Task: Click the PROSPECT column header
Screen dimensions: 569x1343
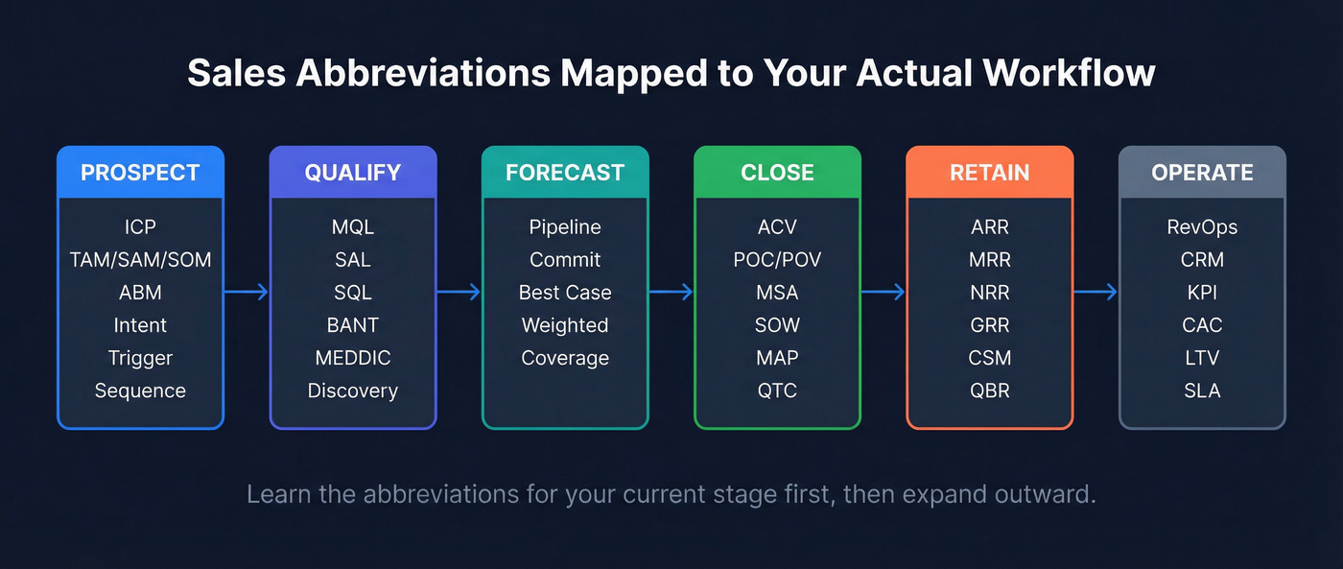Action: click(x=140, y=173)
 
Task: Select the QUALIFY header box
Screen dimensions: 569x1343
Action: click(x=352, y=173)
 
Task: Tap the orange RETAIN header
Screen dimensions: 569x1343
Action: click(x=989, y=173)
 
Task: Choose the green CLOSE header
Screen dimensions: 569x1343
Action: click(x=777, y=173)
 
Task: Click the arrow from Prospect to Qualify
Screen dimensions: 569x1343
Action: click(x=247, y=293)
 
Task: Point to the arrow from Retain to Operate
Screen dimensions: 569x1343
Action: click(x=1096, y=293)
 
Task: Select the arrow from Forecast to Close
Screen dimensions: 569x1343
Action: click(x=671, y=293)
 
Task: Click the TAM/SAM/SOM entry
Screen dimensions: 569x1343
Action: click(x=140, y=260)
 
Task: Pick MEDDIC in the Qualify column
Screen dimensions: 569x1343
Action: click(x=352, y=358)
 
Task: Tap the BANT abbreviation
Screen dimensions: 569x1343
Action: click(x=352, y=325)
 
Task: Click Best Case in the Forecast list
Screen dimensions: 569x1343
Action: click(x=565, y=293)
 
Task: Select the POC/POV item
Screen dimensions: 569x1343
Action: click(x=777, y=260)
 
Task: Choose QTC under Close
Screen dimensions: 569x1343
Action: click(x=777, y=391)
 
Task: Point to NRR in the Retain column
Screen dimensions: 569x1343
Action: click(x=989, y=293)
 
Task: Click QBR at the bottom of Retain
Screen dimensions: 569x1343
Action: click(x=989, y=391)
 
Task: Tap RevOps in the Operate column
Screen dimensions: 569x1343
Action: click(x=1202, y=227)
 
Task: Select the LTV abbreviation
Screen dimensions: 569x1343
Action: click(x=1202, y=358)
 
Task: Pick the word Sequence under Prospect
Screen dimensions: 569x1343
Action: click(x=140, y=391)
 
